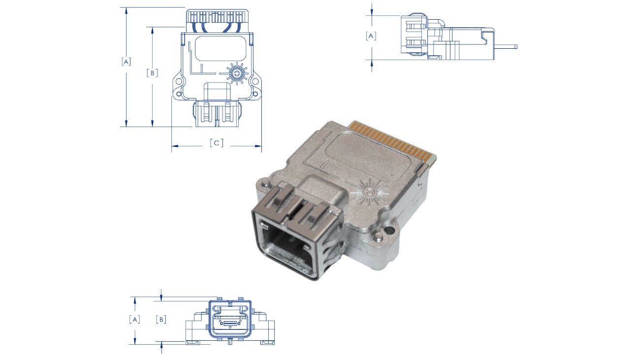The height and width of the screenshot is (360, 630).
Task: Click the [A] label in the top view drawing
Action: (126, 62)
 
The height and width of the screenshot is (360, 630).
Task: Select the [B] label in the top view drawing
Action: (153, 73)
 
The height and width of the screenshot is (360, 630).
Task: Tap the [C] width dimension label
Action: (217, 143)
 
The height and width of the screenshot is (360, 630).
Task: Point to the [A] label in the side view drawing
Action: (371, 36)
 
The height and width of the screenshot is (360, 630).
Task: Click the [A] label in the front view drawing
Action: (135, 320)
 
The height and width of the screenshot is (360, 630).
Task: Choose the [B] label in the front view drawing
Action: (161, 320)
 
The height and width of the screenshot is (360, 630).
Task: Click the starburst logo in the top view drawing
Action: (237, 73)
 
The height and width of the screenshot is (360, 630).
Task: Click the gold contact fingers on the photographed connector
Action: (392, 141)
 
